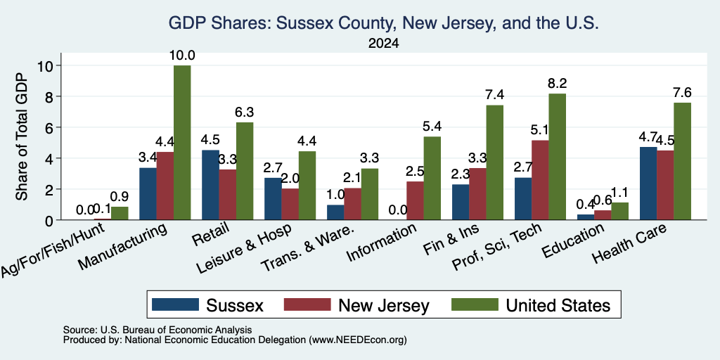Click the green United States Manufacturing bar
[x=182, y=143]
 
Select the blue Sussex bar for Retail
[x=210, y=185]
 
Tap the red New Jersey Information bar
[x=415, y=200]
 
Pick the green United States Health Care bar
[x=682, y=161]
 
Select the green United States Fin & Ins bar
[x=494, y=162]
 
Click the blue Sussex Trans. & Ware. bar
[x=335, y=212]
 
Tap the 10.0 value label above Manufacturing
[x=182, y=56]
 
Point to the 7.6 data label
[x=682, y=92]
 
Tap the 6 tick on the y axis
[x=50, y=127]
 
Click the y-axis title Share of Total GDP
[x=22, y=136]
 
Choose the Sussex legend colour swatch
[x=175, y=304]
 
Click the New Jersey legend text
[x=384, y=305]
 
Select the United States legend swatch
[x=475, y=304]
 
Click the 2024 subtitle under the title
[x=383, y=44]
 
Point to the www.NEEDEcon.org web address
[x=358, y=340]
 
